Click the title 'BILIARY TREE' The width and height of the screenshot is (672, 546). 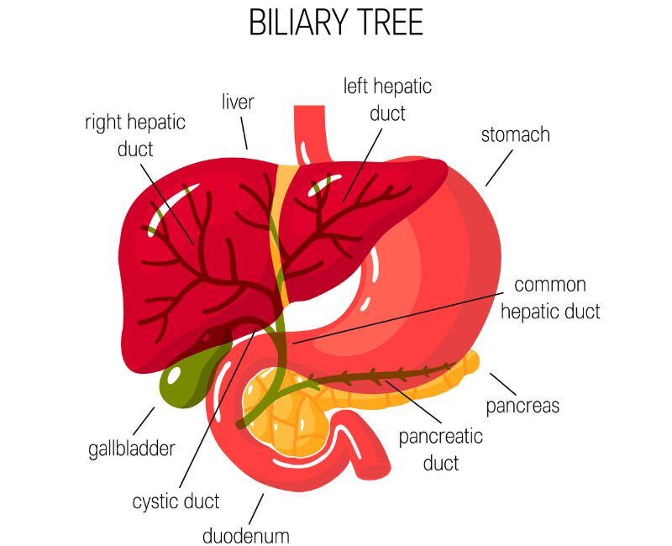(x=336, y=24)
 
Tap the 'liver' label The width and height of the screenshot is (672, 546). (x=238, y=102)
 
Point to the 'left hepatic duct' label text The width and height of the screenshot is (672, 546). (x=387, y=99)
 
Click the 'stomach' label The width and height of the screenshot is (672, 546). (x=515, y=134)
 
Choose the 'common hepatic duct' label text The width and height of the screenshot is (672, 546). (x=550, y=298)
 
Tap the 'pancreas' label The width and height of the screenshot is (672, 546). (x=522, y=406)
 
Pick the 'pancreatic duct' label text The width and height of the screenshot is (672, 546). (x=440, y=449)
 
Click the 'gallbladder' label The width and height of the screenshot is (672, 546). (x=132, y=448)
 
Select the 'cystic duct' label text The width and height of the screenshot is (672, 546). (x=176, y=501)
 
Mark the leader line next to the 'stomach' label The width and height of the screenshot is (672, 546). (x=498, y=170)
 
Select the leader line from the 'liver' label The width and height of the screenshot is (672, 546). (x=244, y=134)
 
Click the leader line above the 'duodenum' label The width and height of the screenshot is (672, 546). (x=255, y=506)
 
